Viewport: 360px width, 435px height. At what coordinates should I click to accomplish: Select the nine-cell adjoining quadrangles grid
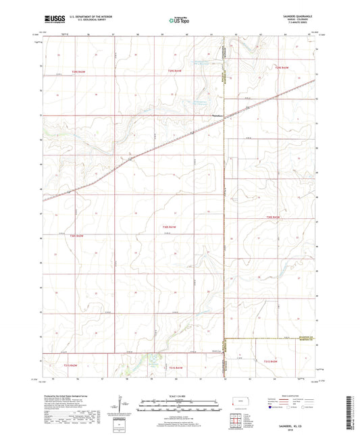point(233,422)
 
